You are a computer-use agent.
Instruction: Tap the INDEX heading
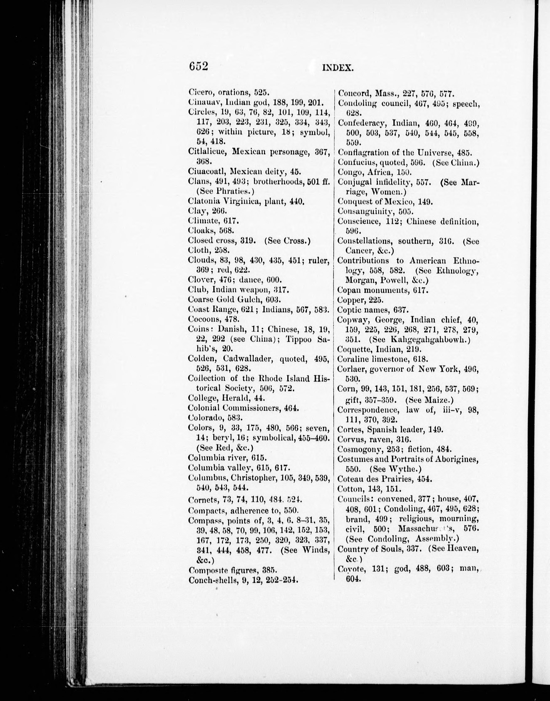tap(338, 68)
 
